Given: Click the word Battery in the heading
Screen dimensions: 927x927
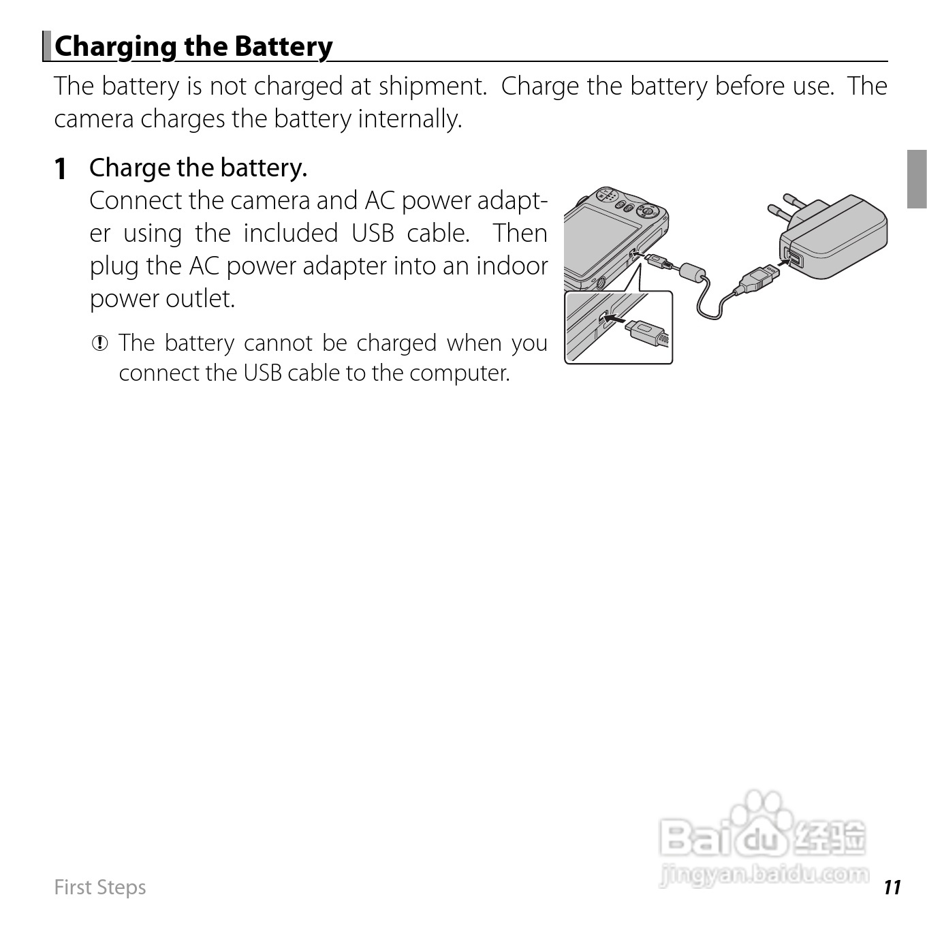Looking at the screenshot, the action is tap(283, 46).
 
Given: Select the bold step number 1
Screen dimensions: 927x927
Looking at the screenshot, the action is tap(61, 168).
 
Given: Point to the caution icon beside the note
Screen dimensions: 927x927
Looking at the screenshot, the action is tap(100, 343).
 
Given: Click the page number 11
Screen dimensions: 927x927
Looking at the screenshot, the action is tap(892, 887).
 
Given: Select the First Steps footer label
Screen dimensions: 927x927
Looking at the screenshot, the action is tap(100, 887).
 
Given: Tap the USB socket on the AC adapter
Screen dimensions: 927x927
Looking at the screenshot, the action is tap(793, 258).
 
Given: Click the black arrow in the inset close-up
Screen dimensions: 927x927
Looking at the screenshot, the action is tap(614, 318).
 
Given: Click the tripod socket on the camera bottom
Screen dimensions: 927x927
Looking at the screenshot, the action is tap(599, 281).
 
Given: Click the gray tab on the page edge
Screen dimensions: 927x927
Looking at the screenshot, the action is tap(917, 179).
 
